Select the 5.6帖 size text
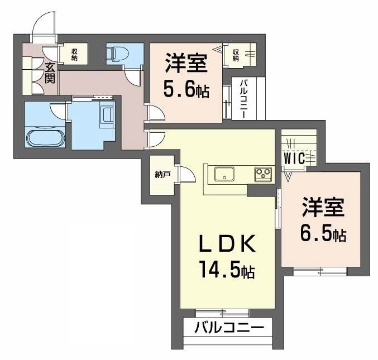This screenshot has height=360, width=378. click(186, 89)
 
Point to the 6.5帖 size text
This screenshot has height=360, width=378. click(323, 233)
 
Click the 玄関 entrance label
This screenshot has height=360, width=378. click(50, 73)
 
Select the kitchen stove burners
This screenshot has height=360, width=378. click(262, 174)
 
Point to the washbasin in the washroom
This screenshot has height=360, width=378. click(106, 114)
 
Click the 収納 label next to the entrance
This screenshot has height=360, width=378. click(74, 55)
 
